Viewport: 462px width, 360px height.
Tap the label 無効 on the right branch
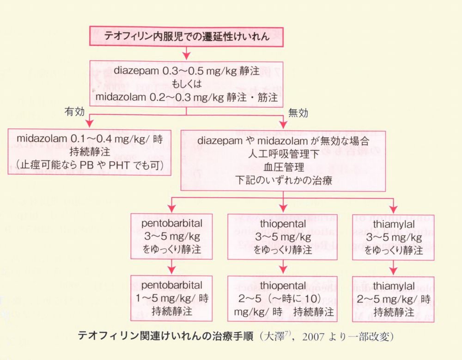pyautogui.click(x=298, y=111)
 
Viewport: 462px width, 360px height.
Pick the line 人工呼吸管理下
pyautogui.click(x=284, y=154)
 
